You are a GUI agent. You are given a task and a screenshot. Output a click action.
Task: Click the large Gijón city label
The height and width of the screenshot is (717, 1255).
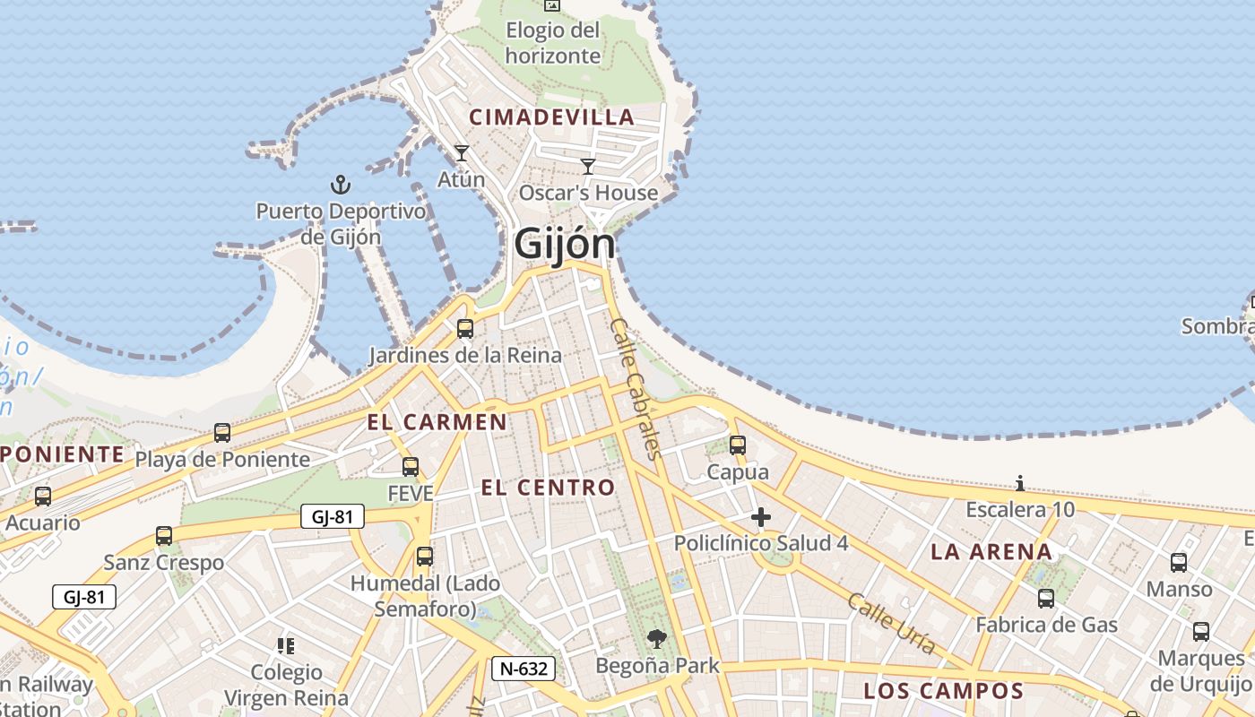(565, 244)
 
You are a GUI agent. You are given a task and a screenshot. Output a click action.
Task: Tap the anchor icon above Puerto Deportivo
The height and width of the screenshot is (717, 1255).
(340, 185)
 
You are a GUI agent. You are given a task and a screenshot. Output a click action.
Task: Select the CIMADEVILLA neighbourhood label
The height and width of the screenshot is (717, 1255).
(552, 117)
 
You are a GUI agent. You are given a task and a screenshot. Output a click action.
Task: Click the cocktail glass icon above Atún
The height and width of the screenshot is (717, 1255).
(462, 153)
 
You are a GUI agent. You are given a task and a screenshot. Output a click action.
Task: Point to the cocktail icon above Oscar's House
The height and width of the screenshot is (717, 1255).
(588, 166)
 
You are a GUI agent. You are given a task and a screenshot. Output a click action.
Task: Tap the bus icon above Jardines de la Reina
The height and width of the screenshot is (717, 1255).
(464, 328)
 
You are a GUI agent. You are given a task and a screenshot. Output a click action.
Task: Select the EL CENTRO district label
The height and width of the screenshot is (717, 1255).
(548, 488)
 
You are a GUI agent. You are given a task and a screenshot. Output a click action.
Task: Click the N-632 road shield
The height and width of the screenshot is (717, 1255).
(524, 668)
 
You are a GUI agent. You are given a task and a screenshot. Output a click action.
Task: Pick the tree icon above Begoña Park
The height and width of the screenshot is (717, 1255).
(657, 639)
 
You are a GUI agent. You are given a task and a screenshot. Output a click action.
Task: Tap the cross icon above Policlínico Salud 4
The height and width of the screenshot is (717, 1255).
(760, 517)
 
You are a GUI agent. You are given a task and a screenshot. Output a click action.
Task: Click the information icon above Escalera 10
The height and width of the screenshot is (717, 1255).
(1020, 483)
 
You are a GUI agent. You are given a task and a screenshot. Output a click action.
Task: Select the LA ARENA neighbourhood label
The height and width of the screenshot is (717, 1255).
(991, 551)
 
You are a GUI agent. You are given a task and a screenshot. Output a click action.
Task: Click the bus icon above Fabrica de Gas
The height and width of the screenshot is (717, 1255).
(1046, 598)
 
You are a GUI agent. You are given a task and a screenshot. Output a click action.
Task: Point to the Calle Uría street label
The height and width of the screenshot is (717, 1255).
(891, 623)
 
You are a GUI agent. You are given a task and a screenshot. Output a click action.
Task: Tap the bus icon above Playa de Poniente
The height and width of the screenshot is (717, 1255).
(221, 433)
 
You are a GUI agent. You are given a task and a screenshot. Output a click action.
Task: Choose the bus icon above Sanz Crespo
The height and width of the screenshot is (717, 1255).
(163, 535)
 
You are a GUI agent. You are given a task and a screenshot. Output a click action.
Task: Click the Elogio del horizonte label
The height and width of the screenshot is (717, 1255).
(552, 43)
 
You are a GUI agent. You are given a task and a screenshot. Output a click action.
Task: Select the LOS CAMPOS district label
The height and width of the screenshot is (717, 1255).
(943, 691)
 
